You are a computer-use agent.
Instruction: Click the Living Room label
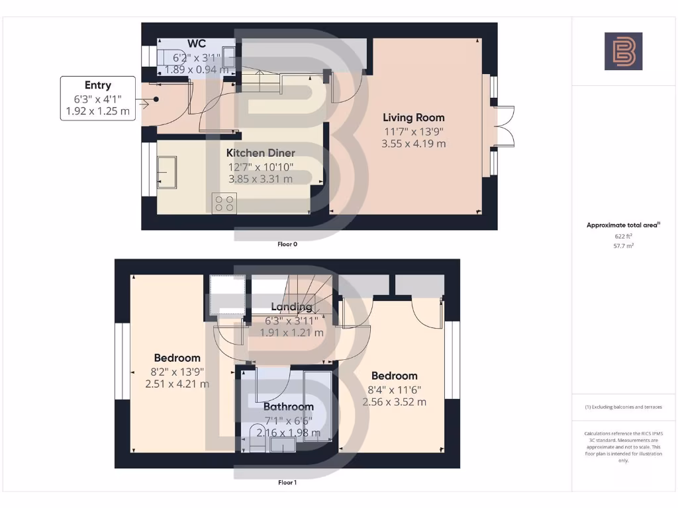tap(414, 118)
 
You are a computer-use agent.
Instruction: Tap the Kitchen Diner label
tap(260, 153)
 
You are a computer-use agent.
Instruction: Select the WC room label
tap(197, 44)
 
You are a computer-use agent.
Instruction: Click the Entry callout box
tap(98, 99)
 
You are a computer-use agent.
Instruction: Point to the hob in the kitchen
tap(224, 203)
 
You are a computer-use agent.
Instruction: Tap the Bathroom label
tap(288, 407)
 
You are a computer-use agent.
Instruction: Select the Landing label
tap(291, 307)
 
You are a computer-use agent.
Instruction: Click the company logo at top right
tap(623, 52)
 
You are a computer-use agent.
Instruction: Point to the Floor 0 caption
tap(287, 244)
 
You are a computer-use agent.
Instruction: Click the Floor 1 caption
tap(287, 483)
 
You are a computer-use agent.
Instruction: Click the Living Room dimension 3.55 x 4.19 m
tap(414, 144)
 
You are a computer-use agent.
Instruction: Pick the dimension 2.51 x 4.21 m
tap(177, 384)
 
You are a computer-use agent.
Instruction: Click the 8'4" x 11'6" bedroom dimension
tap(394, 389)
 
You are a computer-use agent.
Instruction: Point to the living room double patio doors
tap(503, 126)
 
